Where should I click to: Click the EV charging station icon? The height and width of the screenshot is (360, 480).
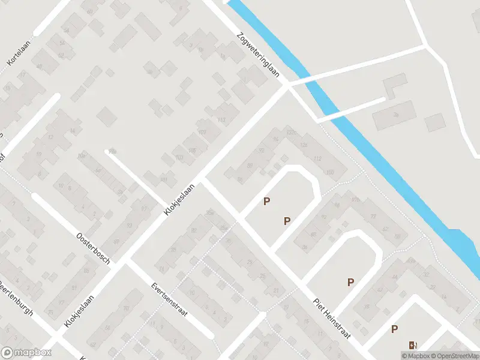pos(412,345)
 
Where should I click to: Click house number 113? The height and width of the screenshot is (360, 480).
pos(221,120)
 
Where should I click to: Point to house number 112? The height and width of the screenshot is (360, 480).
pos(317,158)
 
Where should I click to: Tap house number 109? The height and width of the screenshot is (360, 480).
pos(202,132)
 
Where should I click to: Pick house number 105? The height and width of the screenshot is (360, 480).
pos(192,150)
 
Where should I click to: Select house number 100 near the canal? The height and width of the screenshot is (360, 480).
pos(330,173)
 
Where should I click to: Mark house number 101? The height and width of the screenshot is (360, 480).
pos(164,179)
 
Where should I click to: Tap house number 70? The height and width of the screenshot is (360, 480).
pos(127,308)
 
